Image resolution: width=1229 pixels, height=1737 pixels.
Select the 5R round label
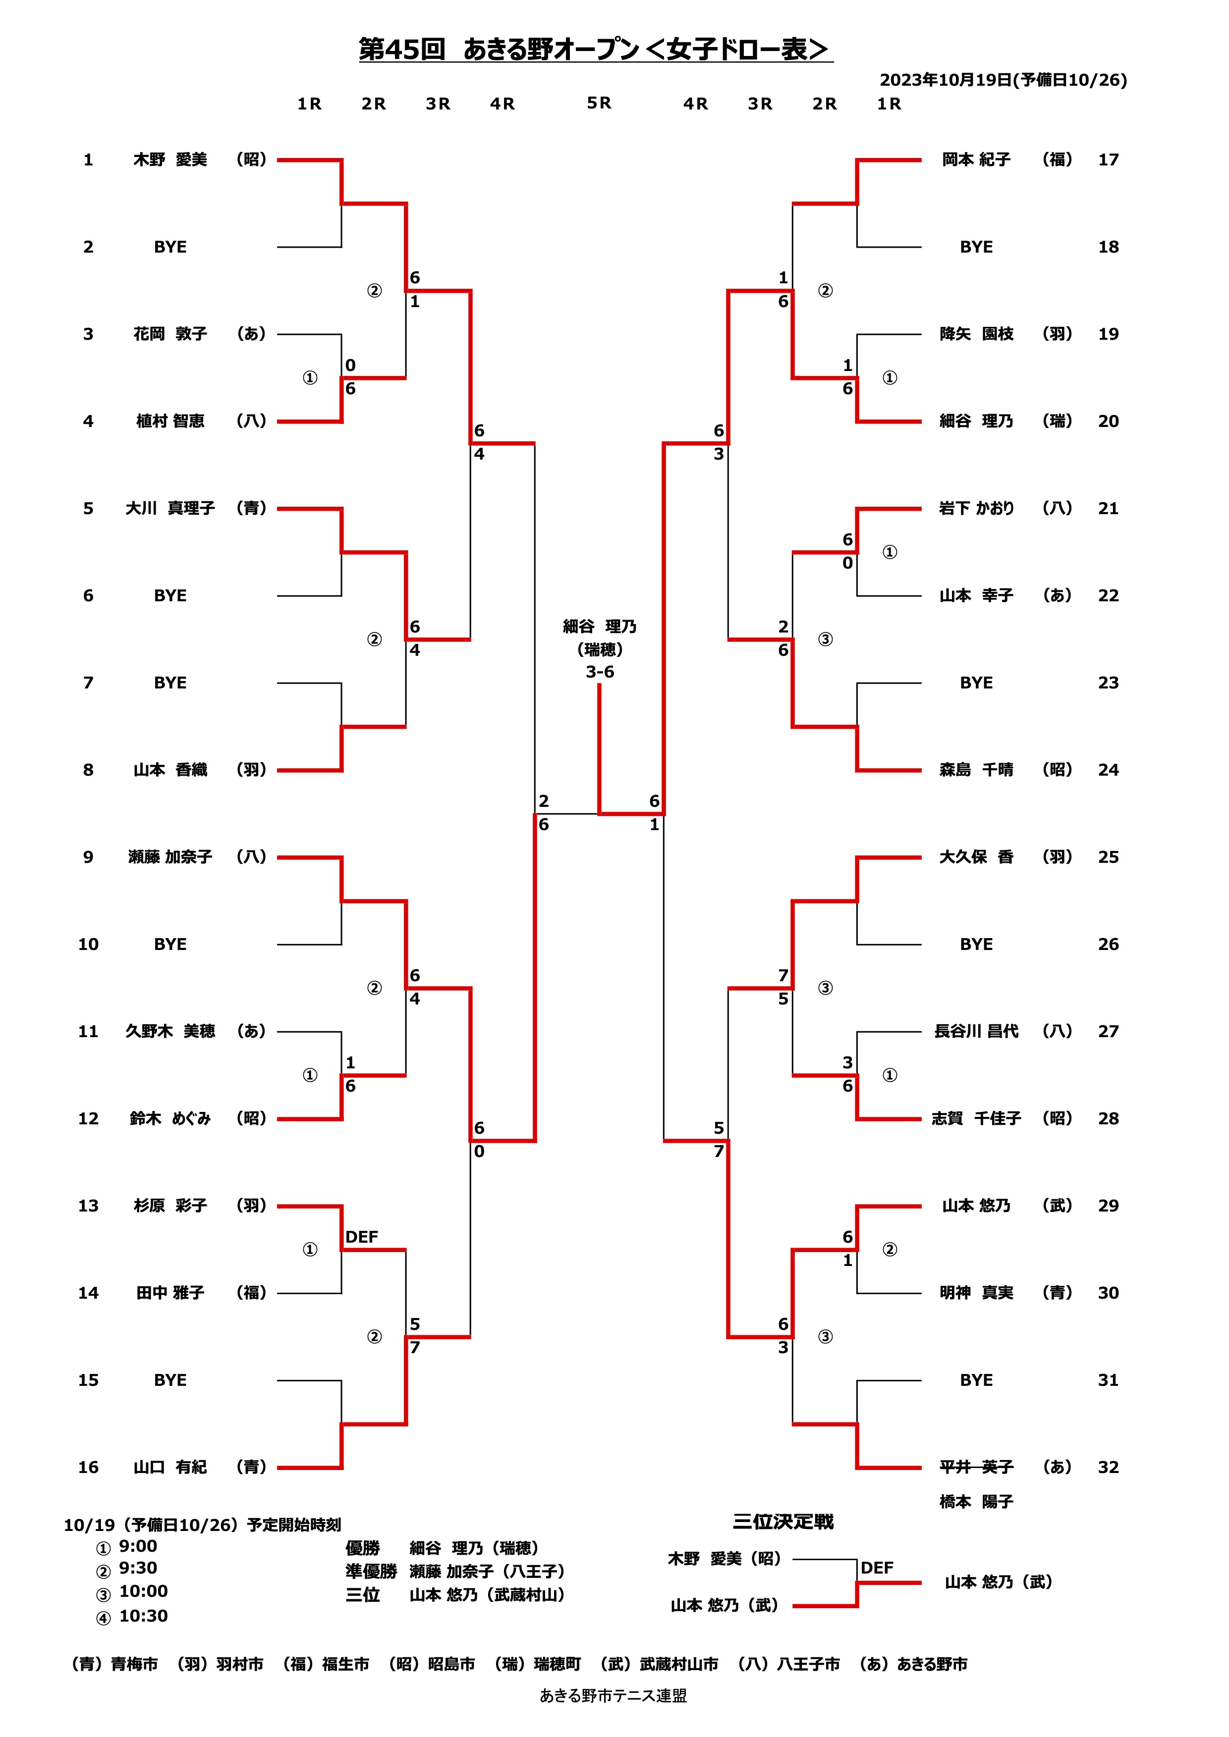(x=599, y=103)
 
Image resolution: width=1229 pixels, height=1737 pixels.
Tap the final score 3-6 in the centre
(x=599, y=672)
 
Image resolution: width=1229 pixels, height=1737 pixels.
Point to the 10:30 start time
(x=143, y=1616)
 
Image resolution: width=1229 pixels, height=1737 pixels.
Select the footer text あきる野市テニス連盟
(x=613, y=1696)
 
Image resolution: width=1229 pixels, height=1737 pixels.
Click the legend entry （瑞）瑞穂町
(x=537, y=1664)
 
